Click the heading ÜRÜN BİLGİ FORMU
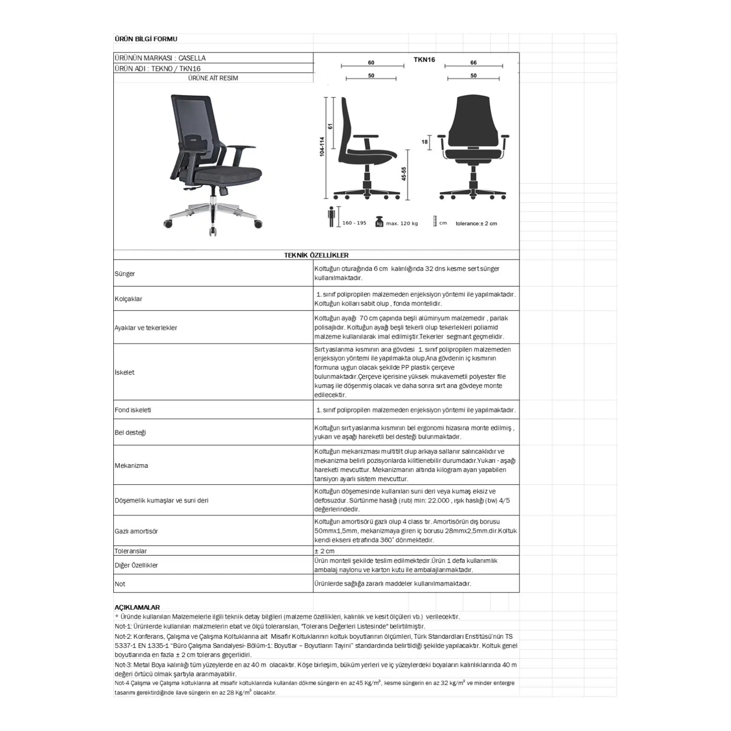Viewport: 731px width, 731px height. point(146,39)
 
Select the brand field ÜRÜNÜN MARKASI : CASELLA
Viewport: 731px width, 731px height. point(160,58)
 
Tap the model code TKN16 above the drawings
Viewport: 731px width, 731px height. point(424,59)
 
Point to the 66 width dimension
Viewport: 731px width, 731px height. point(473,63)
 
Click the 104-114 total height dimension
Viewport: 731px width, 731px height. point(322,147)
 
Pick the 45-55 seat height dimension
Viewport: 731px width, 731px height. point(404,174)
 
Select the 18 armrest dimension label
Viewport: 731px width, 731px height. point(424,142)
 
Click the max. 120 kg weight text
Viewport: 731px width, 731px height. point(402,223)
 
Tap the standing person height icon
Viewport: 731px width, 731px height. point(332,217)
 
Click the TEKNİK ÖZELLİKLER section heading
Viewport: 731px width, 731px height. point(316,255)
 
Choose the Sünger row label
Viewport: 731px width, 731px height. point(125,274)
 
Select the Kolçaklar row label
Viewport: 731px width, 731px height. point(128,299)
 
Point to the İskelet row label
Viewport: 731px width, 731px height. point(124,372)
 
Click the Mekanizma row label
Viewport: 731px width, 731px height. point(131,466)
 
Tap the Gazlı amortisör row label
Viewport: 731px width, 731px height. point(136,531)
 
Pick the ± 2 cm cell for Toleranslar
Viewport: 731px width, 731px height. point(324,551)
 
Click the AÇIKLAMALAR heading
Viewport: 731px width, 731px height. point(137,607)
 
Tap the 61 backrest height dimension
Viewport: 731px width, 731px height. point(330,127)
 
